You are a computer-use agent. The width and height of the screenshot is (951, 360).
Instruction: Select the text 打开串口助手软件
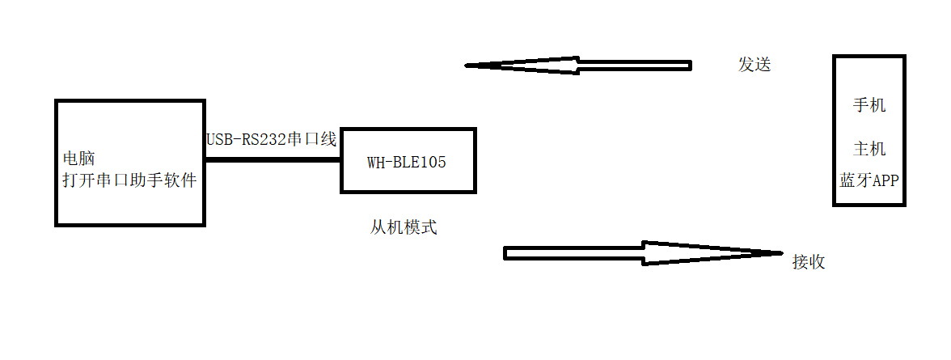[129, 180]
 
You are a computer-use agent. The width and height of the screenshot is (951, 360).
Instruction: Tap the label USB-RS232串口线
[271, 139]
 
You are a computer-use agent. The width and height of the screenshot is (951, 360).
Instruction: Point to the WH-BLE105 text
[407, 162]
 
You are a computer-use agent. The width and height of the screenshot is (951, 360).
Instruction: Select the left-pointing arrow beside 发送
[578, 66]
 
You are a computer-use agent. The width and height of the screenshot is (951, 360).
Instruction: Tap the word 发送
[754, 65]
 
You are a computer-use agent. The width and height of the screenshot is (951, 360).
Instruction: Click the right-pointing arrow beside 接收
[643, 253]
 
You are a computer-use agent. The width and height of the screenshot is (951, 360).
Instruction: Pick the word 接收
[809, 262]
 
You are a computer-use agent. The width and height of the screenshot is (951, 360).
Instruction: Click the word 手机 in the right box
[869, 105]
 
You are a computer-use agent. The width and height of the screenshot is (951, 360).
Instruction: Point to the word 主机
[869, 149]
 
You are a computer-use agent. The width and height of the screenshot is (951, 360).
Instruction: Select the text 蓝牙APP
[869, 180]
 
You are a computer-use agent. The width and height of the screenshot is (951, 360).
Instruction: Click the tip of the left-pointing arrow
[468, 66]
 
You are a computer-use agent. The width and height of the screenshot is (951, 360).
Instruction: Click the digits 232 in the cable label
[274, 139]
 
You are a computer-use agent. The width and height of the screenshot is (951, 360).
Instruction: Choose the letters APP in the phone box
[885, 180]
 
